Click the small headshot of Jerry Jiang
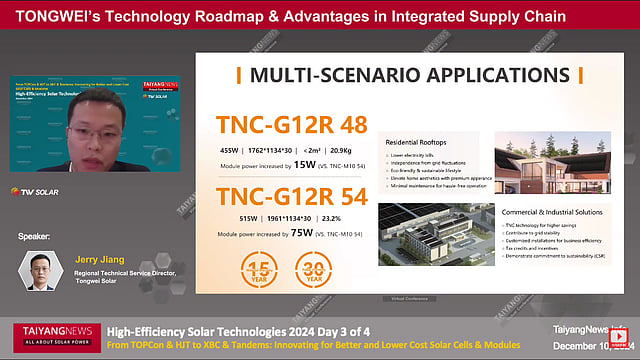pos(37,270)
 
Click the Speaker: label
pos(36,237)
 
